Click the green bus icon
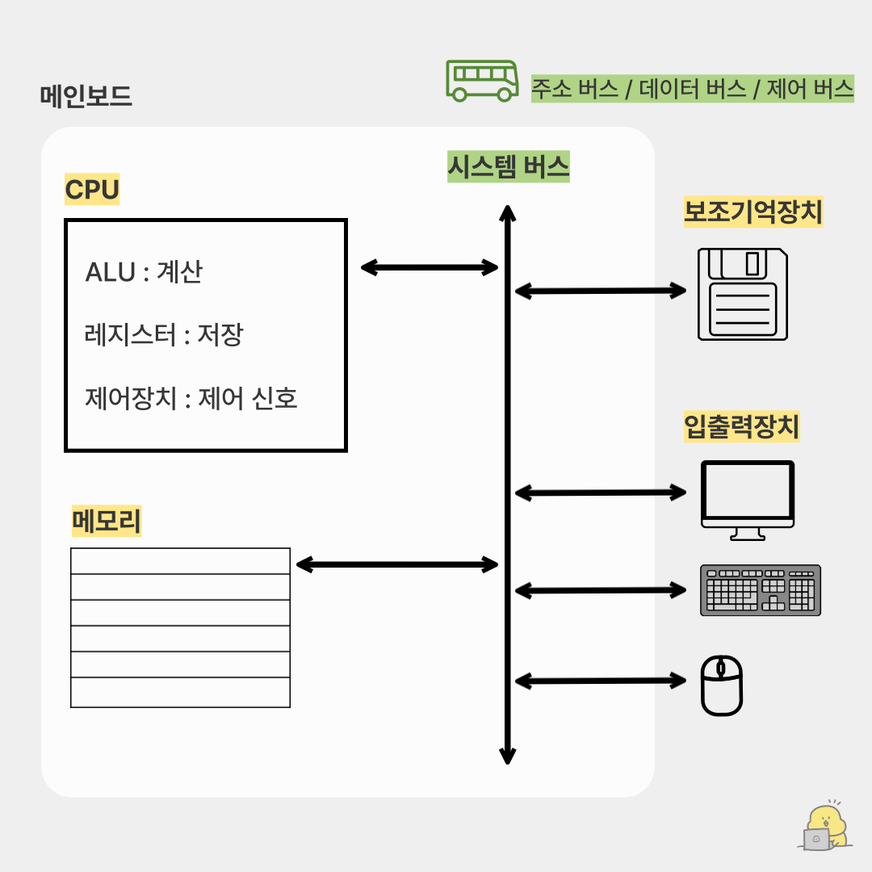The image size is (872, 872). pyautogui.click(x=482, y=80)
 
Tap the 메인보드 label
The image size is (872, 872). pyautogui.click(x=86, y=97)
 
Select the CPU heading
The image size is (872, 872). pyautogui.click(x=92, y=190)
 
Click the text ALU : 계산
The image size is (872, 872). pyautogui.click(x=144, y=272)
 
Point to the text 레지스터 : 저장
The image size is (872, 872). pyautogui.click(x=164, y=334)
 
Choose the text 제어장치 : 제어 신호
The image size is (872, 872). pyautogui.click(x=191, y=397)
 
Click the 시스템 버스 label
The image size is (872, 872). pyautogui.click(x=509, y=167)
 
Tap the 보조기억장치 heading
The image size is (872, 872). pyautogui.click(x=753, y=212)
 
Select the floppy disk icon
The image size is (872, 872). pyautogui.click(x=743, y=294)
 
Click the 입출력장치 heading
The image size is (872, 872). pyautogui.click(x=742, y=426)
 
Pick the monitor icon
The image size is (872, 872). pyautogui.click(x=748, y=499)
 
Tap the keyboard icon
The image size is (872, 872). pyautogui.click(x=760, y=590)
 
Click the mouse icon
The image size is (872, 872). pyautogui.click(x=721, y=685)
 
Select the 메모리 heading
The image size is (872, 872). pyautogui.click(x=107, y=522)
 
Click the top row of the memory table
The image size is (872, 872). pyautogui.click(x=180, y=561)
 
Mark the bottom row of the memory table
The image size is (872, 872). pyautogui.click(x=180, y=692)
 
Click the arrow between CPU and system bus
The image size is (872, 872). pyautogui.click(x=430, y=267)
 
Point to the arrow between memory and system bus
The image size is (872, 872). pyautogui.click(x=397, y=564)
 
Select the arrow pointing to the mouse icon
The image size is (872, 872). pyautogui.click(x=601, y=681)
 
